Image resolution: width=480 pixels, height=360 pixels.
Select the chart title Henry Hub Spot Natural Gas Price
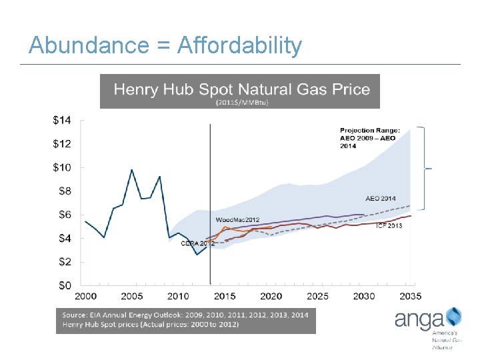point(241,89)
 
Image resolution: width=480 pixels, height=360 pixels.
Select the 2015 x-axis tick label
point(224,296)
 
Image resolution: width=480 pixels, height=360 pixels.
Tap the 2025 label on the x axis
point(317,296)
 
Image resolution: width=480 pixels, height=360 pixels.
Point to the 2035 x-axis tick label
point(409,296)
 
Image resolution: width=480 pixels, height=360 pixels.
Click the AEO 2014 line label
point(381,198)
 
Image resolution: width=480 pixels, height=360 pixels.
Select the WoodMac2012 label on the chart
point(237,220)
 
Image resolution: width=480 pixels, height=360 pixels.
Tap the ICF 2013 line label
point(389,225)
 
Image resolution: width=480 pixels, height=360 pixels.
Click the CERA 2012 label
point(198,244)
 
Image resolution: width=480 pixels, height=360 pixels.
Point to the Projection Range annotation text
point(368,138)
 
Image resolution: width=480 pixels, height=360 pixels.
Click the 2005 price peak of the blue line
point(132,170)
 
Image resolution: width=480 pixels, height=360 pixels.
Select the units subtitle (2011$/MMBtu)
point(241,103)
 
